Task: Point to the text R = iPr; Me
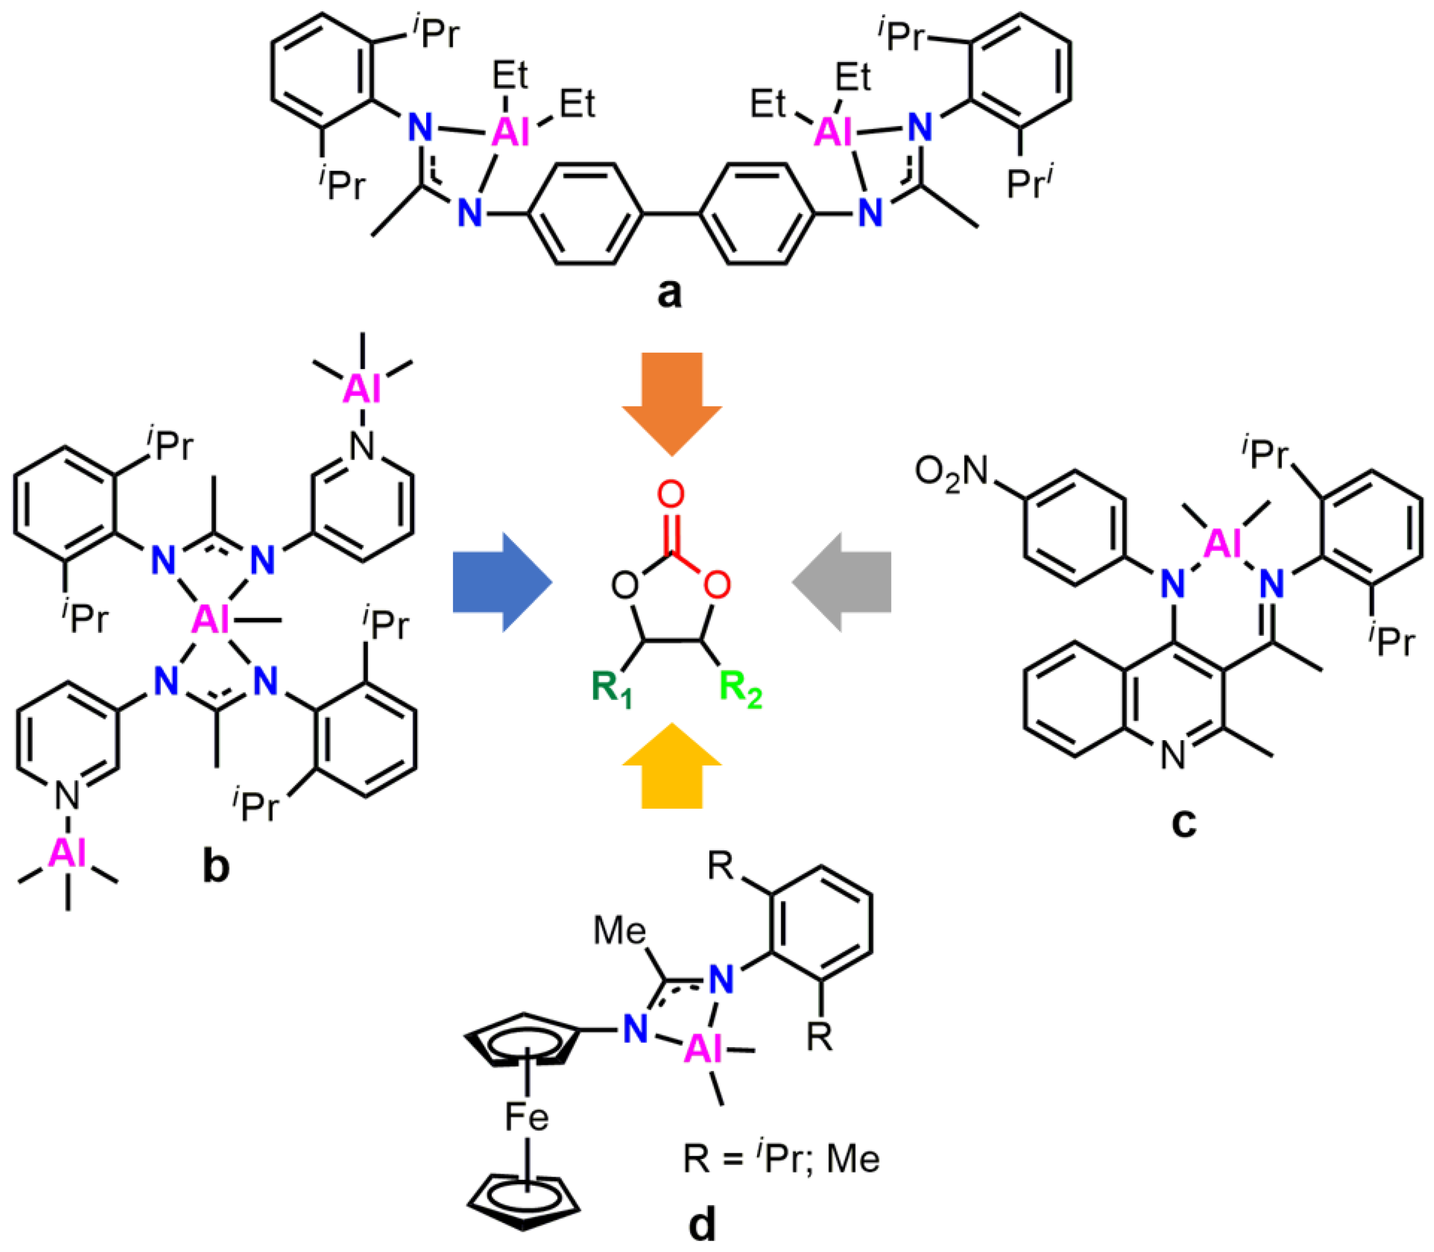(781, 1159)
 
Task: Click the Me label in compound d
(619, 931)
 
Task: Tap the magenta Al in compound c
(1223, 543)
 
